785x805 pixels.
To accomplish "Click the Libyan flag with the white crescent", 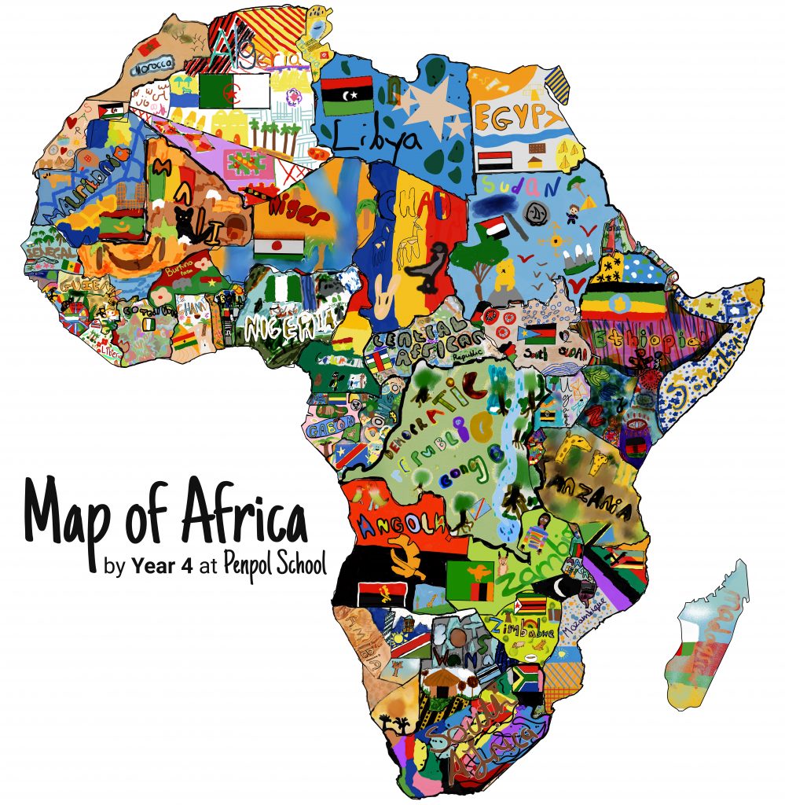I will [x=347, y=95].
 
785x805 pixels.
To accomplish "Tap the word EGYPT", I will [x=518, y=118].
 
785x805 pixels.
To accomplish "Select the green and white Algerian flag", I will [x=234, y=92].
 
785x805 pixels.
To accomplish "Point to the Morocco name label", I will [x=156, y=68].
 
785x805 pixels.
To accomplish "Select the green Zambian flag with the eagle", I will [x=470, y=581].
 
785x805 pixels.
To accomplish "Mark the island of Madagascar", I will [x=706, y=637].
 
